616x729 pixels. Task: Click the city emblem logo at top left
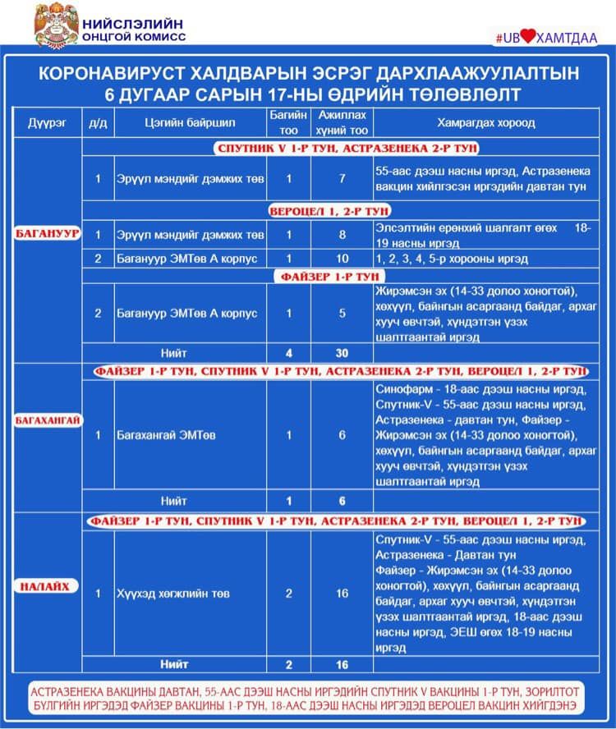tap(56, 25)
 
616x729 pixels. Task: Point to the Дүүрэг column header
tap(47, 123)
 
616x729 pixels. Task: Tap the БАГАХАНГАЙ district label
tap(48, 420)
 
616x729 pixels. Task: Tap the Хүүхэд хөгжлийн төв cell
tap(172, 593)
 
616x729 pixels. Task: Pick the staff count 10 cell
tap(342, 259)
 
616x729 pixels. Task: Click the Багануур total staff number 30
tap(342, 353)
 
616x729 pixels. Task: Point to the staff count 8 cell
tap(342, 236)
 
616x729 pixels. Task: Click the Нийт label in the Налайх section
tap(174, 663)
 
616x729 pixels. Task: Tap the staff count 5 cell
tap(342, 314)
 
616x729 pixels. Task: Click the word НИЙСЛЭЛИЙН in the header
tap(133, 23)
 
